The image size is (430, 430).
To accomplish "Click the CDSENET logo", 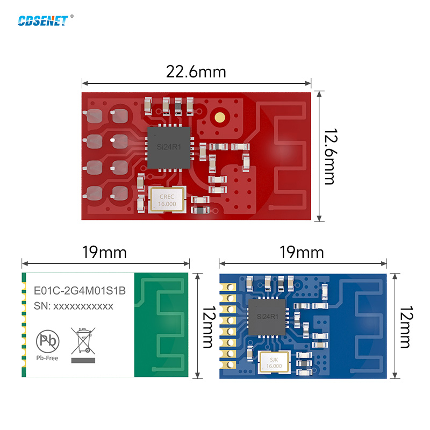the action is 43,21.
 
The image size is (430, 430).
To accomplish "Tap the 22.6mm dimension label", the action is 196,72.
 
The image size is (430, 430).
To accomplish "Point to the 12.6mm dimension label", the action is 330,156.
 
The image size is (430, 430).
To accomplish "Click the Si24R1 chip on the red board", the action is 169,147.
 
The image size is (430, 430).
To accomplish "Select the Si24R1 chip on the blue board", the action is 267,317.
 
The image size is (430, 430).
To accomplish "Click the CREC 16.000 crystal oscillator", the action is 167,200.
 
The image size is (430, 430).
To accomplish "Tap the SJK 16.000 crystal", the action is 274,362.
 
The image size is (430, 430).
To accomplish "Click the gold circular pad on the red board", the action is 220,117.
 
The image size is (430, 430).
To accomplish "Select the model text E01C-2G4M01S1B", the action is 80,291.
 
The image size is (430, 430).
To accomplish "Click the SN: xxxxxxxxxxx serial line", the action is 74,306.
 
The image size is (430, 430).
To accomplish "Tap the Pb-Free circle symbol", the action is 48,341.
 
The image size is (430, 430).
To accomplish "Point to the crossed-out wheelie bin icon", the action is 83,341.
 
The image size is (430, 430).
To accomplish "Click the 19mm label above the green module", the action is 104,253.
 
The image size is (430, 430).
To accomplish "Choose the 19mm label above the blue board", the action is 302,253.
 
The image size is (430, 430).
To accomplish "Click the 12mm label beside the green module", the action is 209,327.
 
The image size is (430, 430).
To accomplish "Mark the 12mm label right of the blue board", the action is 406,327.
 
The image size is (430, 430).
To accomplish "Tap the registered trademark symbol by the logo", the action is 72,16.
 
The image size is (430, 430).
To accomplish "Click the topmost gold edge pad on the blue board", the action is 227,287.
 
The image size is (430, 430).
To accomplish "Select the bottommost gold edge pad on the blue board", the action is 227,365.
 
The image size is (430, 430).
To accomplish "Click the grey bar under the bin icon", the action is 83,361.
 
